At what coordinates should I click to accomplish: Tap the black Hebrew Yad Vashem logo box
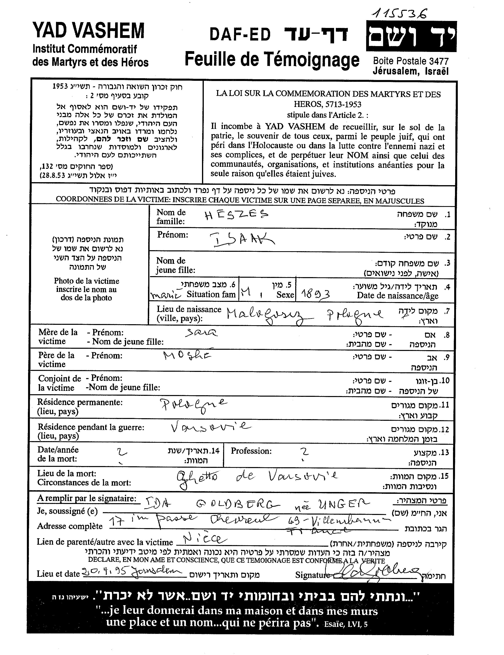pos(411,36)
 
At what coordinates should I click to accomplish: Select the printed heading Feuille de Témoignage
pos(272,59)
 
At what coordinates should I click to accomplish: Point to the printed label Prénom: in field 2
pos(173,235)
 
